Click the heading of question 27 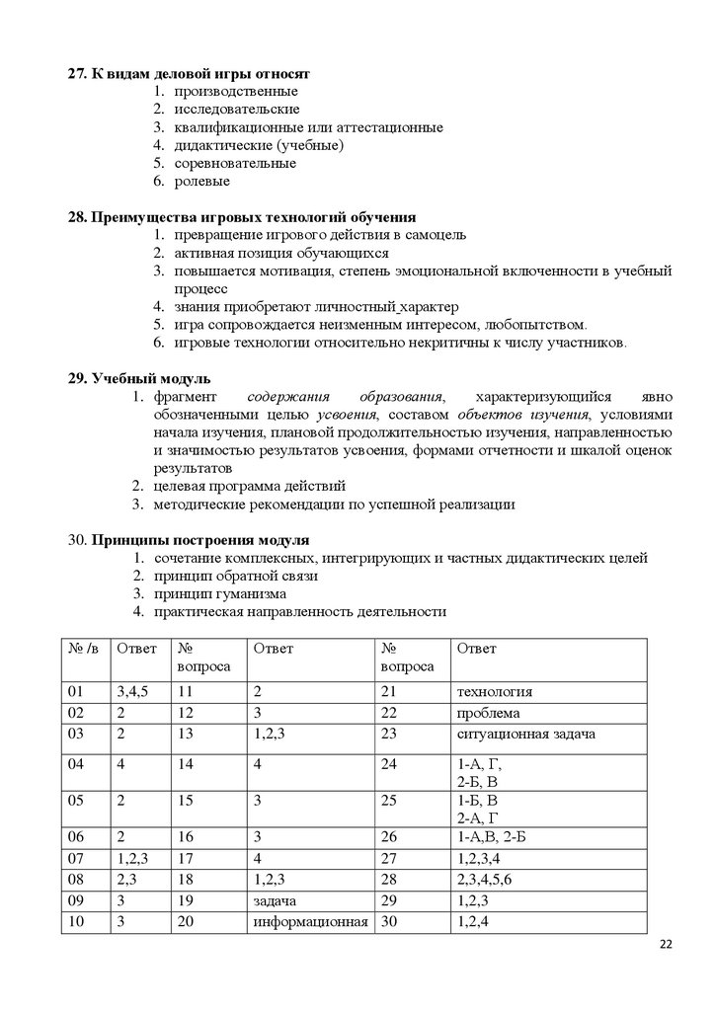(189, 74)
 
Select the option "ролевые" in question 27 (202, 182)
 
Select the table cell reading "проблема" (489, 713)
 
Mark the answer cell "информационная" (311, 922)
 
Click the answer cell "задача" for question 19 (277, 900)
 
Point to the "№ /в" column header (83, 648)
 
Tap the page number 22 (665, 946)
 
